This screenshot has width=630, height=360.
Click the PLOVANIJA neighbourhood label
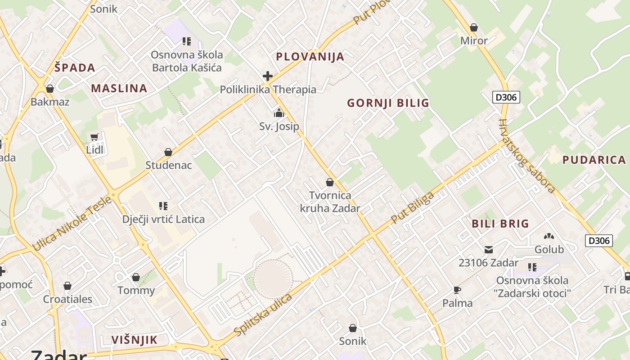[310, 57]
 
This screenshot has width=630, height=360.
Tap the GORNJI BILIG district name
[388, 103]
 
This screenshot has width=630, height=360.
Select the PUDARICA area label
[594, 160]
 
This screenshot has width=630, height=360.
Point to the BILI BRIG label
[500, 224]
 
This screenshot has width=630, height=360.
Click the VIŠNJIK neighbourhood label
[135, 340]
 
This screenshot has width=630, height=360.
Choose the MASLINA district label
[119, 88]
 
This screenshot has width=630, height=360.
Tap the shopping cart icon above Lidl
[94, 137]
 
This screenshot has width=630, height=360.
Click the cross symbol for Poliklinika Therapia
[268, 76]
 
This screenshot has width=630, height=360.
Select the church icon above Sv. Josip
[279, 112]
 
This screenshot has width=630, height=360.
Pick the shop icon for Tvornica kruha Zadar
[330, 182]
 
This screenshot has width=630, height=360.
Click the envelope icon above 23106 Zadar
[489, 249]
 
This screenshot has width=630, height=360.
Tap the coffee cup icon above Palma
[457, 290]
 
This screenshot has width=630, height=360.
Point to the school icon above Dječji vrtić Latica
[163, 206]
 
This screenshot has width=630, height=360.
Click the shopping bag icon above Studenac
[168, 152]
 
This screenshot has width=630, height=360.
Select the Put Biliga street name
[413, 207]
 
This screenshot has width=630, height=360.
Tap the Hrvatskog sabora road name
[526, 156]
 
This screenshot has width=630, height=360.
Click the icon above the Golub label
[549, 236]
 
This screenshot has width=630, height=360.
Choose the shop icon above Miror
[473, 27]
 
